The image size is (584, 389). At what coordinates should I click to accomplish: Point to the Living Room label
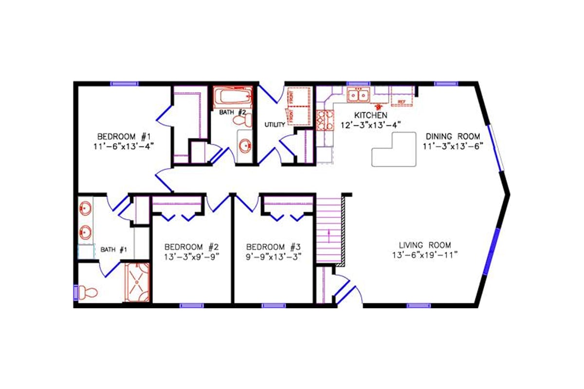425,245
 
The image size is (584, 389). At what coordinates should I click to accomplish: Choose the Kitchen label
371,115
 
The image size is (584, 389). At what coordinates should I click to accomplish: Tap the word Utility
274,125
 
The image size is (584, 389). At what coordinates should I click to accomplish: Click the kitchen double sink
358,95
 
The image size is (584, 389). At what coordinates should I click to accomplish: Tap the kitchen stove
325,121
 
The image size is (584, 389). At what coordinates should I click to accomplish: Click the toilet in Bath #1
88,292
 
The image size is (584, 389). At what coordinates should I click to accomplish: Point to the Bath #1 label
114,249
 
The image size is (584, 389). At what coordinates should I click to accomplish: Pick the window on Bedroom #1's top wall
124,84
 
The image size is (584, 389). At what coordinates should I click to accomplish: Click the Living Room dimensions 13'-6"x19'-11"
425,255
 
